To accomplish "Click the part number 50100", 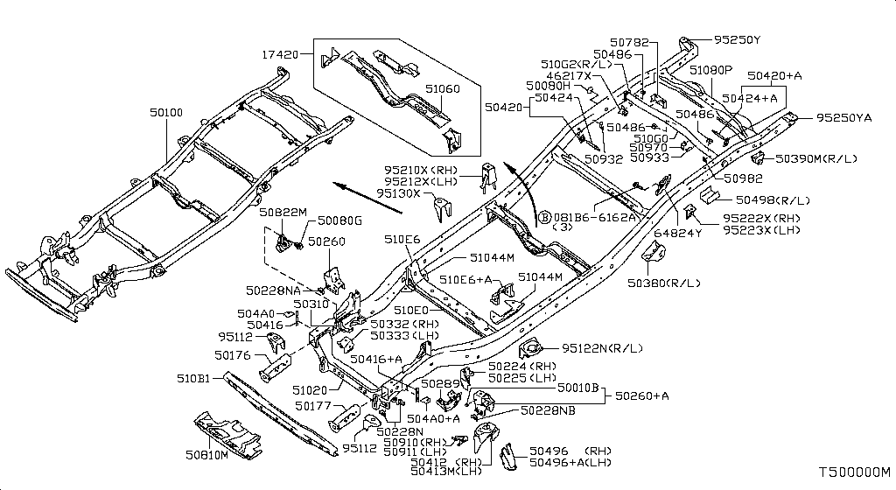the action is pyautogui.click(x=166, y=113).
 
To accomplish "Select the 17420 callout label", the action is pyautogui.click(x=281, y=55).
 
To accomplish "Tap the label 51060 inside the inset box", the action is pyautogui.click(x=442, y=88).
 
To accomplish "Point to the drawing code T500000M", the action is pyautogui.click(x=855, y=472).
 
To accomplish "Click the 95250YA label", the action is pyautogui.click(x=844, y=118).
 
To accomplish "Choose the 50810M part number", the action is pyautogui.click(x=206, y=455).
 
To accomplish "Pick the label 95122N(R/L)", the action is pyautogui.click(x=602, y=347).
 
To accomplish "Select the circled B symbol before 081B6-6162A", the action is pyautogui.click(x=544, y=217).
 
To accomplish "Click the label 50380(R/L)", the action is pyautogui.click(x=663, y=283).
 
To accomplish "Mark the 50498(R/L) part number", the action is pyautogui.click(x=773, y=199).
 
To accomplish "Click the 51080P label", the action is pyautogui.click(x=710, y=70).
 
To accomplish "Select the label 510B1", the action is pyautogui.click(x=193, y=378).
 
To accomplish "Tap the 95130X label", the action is pyautogui.click(x=398, y=193).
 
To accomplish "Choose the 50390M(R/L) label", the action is pyautogui.click(x=816, y=158).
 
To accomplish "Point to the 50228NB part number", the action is pyautogui.click(x=548, y=410).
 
